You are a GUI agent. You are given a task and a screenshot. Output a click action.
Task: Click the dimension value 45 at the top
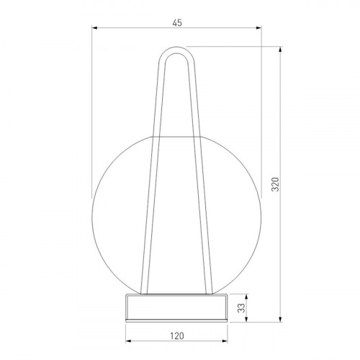pos(177,23)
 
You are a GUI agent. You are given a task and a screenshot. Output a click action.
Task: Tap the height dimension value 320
pos(276,184)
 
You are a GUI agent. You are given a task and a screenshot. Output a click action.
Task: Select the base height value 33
pos(242,308)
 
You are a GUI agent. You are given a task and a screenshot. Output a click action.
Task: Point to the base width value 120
pos(177,336)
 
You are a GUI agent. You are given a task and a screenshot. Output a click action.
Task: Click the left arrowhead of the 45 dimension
pos(94,28)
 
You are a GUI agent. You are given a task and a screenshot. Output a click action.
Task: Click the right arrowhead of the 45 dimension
pos(258,28)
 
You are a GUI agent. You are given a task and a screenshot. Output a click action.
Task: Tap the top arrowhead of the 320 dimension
pos(280,50)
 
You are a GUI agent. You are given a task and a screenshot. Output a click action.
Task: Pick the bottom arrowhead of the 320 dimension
pos(280,319)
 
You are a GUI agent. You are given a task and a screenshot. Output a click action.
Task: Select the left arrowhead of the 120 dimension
pos(128,341)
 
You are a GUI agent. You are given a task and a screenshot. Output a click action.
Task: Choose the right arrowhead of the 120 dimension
pos(225,341)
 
